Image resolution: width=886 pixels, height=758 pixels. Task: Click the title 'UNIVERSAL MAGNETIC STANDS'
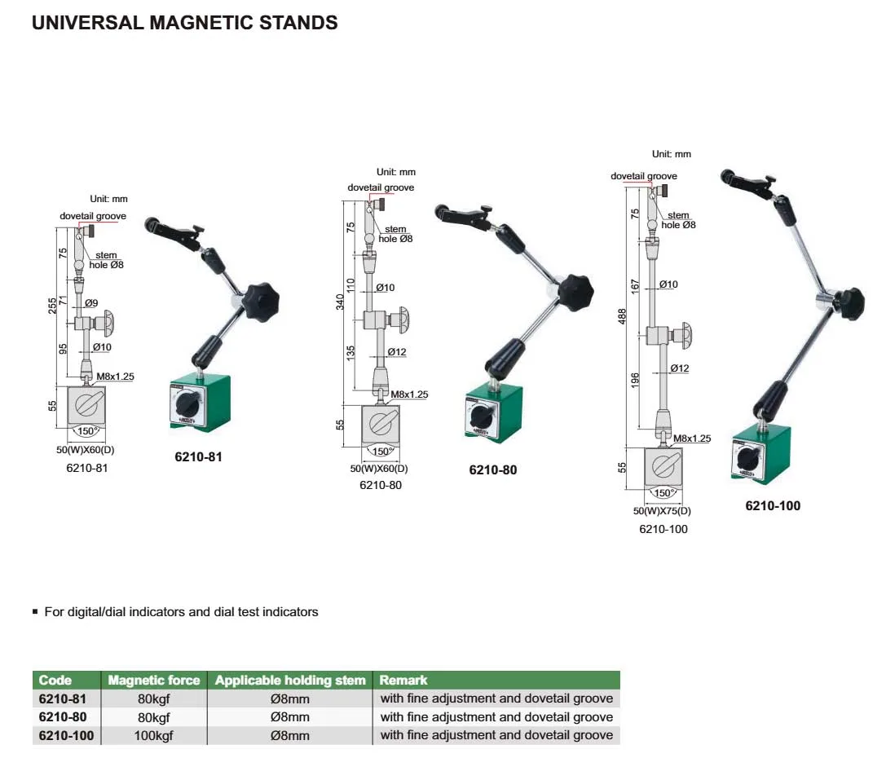[185, 23]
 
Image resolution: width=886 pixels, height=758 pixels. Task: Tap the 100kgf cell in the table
[154, 735]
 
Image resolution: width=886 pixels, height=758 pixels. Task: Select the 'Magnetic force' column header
[154, 680]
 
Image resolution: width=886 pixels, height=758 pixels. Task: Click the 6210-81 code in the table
[62, 699]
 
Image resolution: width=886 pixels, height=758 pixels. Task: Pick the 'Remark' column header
[403, 680]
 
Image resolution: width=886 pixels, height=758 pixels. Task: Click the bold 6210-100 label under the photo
[773, 505]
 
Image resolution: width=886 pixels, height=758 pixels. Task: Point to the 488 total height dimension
[622, 316]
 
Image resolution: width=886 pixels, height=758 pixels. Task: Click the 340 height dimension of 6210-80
[340, 302]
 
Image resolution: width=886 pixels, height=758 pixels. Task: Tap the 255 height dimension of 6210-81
[52, 306]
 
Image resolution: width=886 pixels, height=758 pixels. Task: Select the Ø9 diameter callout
[91, 303]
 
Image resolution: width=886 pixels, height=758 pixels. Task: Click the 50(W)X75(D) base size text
[662, 510]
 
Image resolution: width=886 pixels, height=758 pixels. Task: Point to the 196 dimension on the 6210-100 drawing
[635, 380]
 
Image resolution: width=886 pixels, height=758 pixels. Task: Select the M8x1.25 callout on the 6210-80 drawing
[409, 394]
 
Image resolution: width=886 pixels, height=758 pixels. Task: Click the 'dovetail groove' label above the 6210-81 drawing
[93, 216]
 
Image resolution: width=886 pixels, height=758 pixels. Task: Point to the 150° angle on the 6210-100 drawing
[662, 492]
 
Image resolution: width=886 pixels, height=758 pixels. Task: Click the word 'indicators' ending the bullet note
[289, 612]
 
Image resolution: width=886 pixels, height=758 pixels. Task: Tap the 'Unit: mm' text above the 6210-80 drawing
[396, 172]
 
